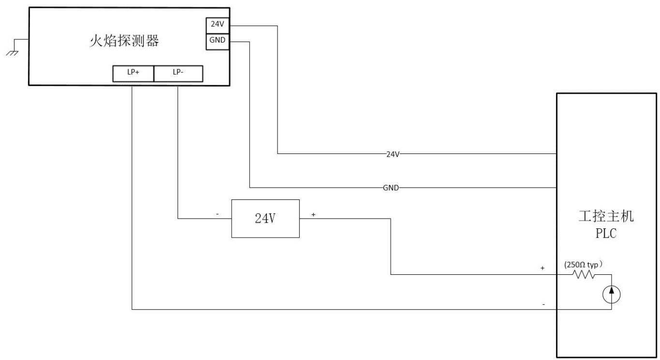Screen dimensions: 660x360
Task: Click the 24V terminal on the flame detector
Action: pyautogui.click(x=218, y=26)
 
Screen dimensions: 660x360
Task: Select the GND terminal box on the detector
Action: pyautogui.click(x=218, y=42)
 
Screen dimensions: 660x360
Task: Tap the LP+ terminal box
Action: pyautogui.click(x=133, y=74)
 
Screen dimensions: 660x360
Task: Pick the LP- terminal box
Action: pyautogui.click(x=178, y=74)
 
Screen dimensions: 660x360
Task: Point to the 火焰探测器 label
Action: pyautogui.click(x=124, y=41)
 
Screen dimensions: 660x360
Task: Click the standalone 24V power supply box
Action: pyautogui.click(x=265, y=219)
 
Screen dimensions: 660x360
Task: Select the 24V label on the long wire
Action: pyautogui.click(x=393, y=154)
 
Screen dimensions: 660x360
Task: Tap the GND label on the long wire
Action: pyautogui.click(x=391, y=188)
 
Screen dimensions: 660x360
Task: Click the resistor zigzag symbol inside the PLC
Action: pyautogui.click(x=584, y=275)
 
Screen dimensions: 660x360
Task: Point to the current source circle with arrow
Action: pyautogui.click(x=611, y=295)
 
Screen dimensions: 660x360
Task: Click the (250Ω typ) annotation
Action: pyautogui.click(x=583, y=265)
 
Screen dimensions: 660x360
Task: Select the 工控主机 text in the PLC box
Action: pyautogui.click(x=606, y=216)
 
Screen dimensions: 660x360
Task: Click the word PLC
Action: pyautogui.click(x=606, y=234)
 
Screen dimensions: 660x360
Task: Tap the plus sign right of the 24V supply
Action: pyautogui.click(x=313, y=215)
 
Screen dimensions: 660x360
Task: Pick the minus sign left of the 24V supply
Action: pyautogui.click(x=218, y=214)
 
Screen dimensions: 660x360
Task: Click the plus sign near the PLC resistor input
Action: pyautogui.click(x=543, y=268)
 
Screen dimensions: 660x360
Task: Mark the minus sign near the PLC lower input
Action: pyautogui.click(x=543, y=304)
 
